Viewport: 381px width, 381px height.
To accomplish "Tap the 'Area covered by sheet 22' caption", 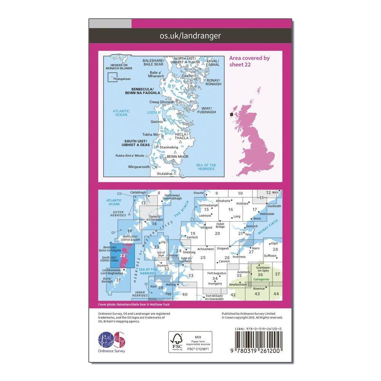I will click(249, 61).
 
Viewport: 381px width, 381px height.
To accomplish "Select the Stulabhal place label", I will click(165, 174).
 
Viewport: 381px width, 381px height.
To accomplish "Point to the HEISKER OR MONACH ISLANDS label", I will click(120, 67).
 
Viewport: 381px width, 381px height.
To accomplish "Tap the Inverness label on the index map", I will click(239, 256).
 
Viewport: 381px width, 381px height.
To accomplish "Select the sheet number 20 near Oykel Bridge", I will click(217, 234).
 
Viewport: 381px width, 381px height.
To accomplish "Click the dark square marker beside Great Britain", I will click(231, 114).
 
